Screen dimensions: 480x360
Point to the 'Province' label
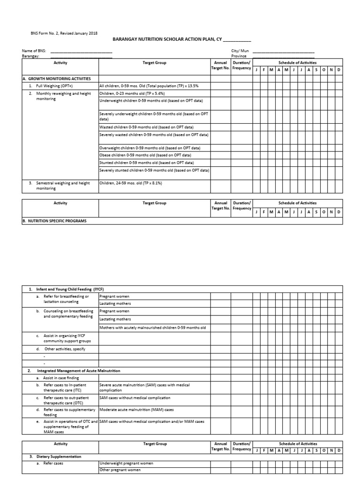239,56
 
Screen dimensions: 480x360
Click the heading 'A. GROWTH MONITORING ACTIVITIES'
57,79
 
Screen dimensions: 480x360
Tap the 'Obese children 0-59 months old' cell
145,155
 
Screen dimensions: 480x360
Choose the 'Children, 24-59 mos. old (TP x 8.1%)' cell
130,183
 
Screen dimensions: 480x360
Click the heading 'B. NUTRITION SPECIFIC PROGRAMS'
55,220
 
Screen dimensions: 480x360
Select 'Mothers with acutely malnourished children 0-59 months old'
152,327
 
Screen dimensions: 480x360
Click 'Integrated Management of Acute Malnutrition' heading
78,371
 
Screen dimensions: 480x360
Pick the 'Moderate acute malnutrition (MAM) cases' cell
136,409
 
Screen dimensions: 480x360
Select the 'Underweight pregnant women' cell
127,463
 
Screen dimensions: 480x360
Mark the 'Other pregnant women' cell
120,470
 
